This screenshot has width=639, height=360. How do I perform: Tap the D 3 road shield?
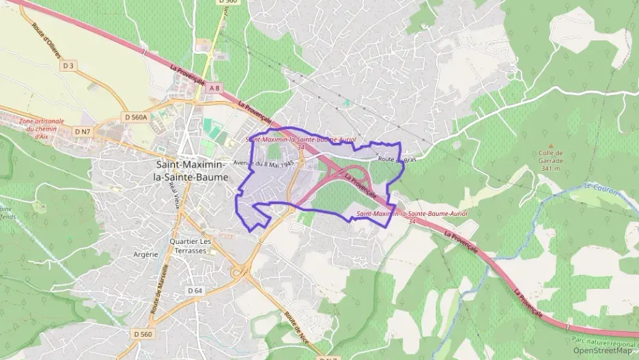pos(68,66)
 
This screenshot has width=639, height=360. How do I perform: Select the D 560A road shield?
pos(135,117)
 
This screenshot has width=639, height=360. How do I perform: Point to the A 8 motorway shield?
pos(215,88)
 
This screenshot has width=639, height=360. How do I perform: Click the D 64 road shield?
pos(195,291)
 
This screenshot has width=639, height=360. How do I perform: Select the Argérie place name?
pos(146,254)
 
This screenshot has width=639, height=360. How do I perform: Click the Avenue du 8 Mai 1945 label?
pos(264,163)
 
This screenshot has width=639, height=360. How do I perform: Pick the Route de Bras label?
pos(397,159)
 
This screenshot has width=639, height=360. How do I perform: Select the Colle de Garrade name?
pos(550,156)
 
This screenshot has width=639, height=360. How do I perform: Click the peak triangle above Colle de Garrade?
pos(550,146)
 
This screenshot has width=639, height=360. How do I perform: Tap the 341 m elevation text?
pos(550,168)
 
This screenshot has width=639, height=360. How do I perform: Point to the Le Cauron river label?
pos(601,186)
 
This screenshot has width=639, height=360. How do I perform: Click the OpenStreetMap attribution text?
pos(603,351)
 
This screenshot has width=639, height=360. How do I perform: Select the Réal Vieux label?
pos(174,194)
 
